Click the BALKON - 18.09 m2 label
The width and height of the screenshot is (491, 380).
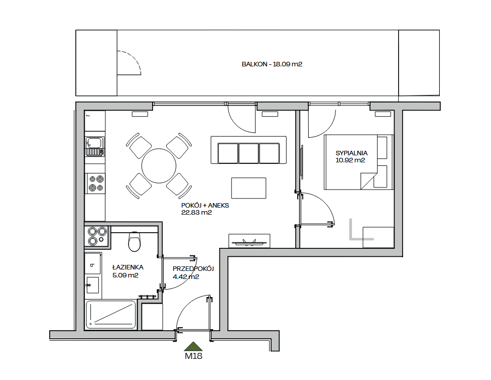coord(272,64)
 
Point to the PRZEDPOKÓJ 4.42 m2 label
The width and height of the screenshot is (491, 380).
coord(193,272)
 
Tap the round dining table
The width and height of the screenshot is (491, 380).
coord(159,165)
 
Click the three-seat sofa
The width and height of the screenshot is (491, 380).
coord(249,150)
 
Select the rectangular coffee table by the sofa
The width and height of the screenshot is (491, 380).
coord(249,188)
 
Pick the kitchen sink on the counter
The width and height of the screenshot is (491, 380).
coord(94,146)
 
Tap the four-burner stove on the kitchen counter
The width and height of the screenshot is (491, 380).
coord(96,183)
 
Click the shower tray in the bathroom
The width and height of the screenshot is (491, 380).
coord(111,315)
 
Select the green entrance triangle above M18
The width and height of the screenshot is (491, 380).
coord(193,346)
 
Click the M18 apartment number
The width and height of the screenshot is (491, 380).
coord(193,356)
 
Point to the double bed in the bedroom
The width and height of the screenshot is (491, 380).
coord(358,162)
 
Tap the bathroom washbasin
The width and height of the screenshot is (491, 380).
coord(93,285)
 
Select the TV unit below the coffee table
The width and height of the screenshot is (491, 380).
coord(249,241)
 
